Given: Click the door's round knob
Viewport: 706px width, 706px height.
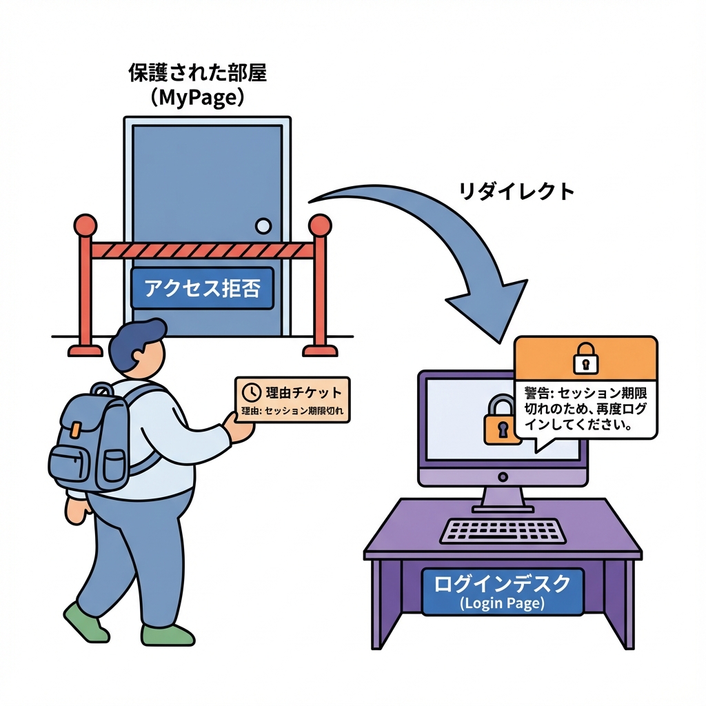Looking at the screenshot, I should [263, 225].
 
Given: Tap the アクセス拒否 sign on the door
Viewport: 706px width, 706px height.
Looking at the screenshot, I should [202, 288].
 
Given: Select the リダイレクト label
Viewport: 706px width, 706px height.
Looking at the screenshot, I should [516, 191].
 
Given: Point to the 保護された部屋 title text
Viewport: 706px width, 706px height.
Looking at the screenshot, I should [197, 74].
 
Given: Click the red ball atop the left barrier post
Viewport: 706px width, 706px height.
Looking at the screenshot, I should [85, 225].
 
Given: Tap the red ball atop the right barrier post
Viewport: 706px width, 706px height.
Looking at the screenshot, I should [320, 225].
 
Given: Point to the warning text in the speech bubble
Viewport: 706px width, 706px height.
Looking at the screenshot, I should [585, 408].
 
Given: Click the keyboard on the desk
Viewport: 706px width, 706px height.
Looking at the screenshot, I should [503, 530].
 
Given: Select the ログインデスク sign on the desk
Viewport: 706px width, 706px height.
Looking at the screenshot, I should [502, 592].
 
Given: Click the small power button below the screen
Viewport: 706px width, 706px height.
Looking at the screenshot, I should [503, 476].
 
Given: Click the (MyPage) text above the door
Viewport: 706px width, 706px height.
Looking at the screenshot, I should [197, 97].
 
